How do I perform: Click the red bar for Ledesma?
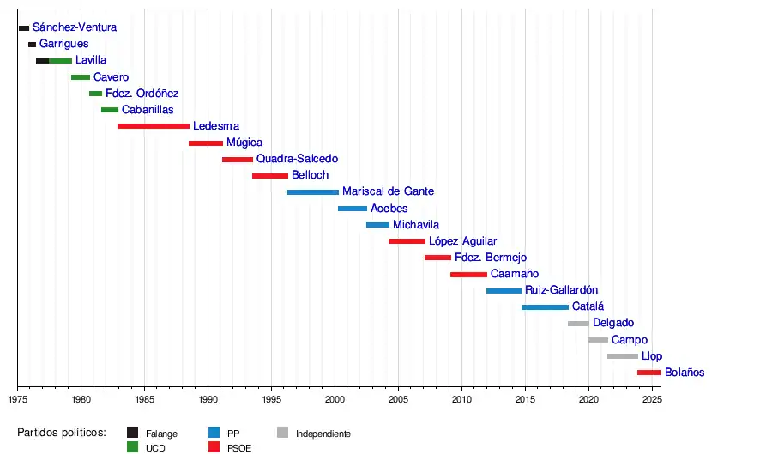pos(153,126)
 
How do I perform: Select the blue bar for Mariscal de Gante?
pos(312,192)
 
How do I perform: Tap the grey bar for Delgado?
pos(578,324)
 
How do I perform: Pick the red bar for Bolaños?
pos(648,373)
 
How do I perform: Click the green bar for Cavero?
pos(81,77)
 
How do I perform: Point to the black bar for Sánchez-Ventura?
pos(24,28)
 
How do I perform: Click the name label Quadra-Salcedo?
pos(297,159)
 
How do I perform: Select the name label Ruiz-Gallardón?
pos(561,290)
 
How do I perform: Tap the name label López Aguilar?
pos(462,241)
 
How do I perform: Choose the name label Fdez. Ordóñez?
pos(142,94)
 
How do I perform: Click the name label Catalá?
pos(588,306)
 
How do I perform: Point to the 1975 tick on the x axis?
pos(17,388)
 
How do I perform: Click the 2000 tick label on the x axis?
pos(335,400)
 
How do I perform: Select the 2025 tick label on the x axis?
pos(652,400)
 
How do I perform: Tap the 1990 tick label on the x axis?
pos(208,400)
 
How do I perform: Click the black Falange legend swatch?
pos(133,433)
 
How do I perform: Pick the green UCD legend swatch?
pos(133,447)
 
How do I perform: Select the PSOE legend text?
pos(239,448)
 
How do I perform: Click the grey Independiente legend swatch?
pos(283,433)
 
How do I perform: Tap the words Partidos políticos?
pos(62,433)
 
